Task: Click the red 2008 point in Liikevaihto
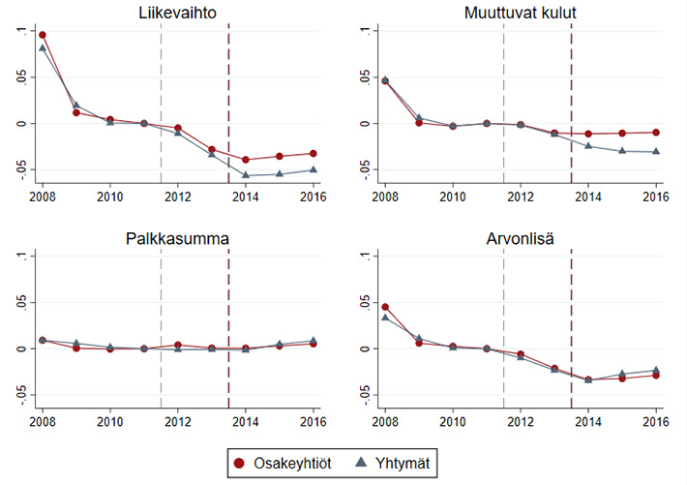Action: pyautogui.click(x=43, y=35)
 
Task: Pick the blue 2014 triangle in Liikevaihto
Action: pyautogui.click(x=246, y=174)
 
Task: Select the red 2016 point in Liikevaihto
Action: pyautogui.click(x=313, y=153)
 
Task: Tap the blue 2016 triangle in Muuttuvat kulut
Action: pyautogui.click(x=656, y=151)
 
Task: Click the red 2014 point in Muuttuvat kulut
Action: pyautogui.click(x=589, y=134)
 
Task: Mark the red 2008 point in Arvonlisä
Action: pyautogui.click(x=386, y=307)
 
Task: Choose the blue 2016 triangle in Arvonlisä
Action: pyautogui.click(x=656, y=370)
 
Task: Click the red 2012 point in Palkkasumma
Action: pyautogui.click(x=178, y=345)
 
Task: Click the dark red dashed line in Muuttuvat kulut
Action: pyautogui.click(x=572, y=97)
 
